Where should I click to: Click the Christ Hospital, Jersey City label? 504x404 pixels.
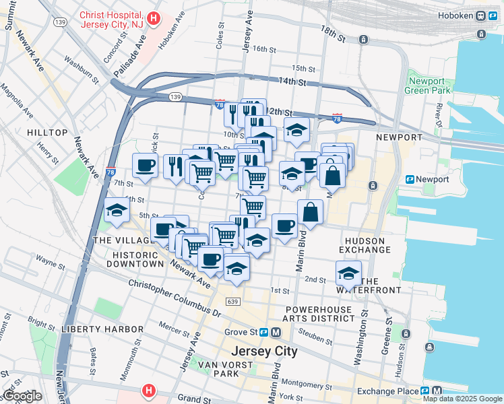[111, 20]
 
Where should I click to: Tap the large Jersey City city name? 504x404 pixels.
[263, 351]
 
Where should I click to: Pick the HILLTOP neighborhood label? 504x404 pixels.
[47, 133]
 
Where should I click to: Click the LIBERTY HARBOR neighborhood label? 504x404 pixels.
[102, 329]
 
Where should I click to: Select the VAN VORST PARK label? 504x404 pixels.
[219, 369]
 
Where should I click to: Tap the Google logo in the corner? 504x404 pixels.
[22, 396]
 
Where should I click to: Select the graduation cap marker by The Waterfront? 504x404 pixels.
[348, 273]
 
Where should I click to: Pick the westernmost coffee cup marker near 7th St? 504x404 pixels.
[145, 166]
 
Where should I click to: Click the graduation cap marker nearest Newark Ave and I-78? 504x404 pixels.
[117, 210]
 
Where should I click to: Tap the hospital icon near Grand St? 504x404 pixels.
[148, 391]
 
